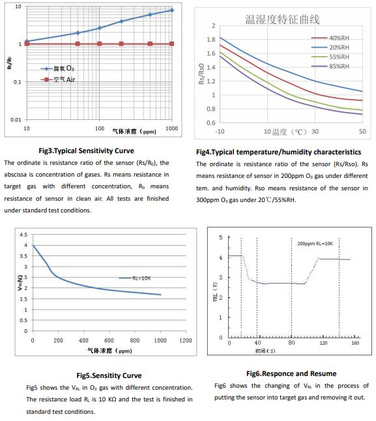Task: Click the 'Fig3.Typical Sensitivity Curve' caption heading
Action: click(86, 151)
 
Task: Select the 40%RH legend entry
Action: click(330, 38)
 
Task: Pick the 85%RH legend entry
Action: click(330, 66)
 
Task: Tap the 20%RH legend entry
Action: click(330, 48)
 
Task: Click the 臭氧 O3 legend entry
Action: click(57, 68)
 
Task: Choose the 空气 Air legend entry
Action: click(58, 80)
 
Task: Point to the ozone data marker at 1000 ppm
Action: click(172, 10)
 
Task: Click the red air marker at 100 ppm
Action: click(99, 44)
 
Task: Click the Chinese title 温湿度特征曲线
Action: click(282, 20)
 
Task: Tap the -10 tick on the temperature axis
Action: click(220, 131)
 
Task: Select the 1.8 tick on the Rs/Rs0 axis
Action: click(211, 40)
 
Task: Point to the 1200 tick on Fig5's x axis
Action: click(186, 340)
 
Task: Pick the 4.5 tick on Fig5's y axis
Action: click(23, 235)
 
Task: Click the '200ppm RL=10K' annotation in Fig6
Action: click(315, 244)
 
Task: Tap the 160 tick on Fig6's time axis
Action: click(355, 343)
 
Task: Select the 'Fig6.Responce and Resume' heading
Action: click(291, 373)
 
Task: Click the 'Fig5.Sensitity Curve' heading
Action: click(109, 375)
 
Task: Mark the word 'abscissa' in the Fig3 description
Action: click(16, 175)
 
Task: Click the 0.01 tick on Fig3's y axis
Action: click(16, 120)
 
